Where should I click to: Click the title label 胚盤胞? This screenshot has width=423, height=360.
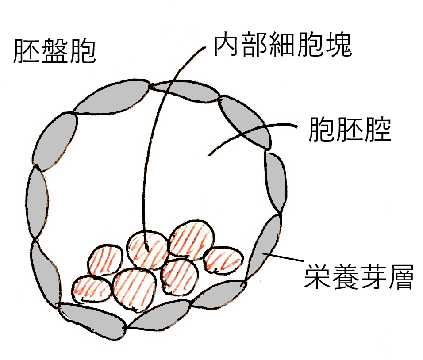point(54,52)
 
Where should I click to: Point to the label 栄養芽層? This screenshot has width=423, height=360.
point(358,277)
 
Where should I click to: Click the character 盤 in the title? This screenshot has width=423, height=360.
point(54,52)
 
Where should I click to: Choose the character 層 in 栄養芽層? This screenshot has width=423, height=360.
point(400,277)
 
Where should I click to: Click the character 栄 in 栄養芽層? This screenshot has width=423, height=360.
point(318,277)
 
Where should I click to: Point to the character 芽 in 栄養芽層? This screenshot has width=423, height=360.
point(372,277)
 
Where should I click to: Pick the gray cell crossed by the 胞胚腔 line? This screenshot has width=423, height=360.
point(246,119)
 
